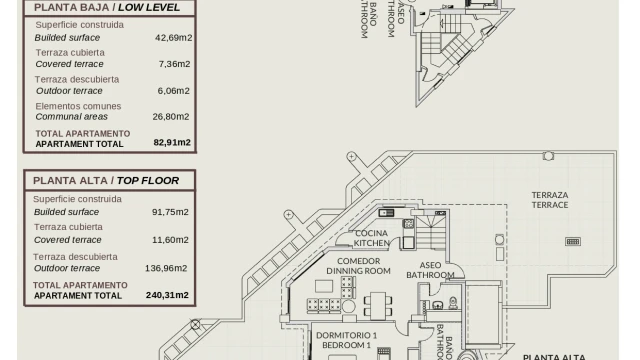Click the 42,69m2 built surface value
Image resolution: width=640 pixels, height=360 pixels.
(x=173, y=38)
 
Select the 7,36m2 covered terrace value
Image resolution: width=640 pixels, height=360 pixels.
(x=174, y=64)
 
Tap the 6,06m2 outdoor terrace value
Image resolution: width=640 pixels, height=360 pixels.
(x=173, y=91)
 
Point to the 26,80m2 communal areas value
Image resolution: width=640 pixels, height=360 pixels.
(x=171, y=117)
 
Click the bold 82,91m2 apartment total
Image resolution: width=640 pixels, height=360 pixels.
(x=172, y=142)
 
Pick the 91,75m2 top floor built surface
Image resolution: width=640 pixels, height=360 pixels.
(x=170, y=212)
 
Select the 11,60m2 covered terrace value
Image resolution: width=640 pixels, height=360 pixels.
(x=170, y=240)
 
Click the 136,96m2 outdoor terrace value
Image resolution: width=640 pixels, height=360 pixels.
(x=166, y=268)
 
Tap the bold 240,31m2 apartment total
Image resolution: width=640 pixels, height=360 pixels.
(x=167, y=295)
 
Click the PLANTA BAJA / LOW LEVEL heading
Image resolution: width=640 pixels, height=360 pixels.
(x=107, y=7)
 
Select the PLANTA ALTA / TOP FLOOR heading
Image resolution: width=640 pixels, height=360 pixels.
(x=106, y=180)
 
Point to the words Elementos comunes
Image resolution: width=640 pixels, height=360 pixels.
(x=78, y=106)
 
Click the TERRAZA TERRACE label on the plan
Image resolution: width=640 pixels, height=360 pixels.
(x=550, y=200)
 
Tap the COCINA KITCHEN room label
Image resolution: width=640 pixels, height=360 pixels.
(x=371, y=238)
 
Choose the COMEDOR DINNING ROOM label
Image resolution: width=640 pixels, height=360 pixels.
(x=358, y=266)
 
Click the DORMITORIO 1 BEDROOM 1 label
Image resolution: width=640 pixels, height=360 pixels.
(x=347, y=340)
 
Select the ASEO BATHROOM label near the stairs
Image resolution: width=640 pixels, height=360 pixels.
(x=430, y=270)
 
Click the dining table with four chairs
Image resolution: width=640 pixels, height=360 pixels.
(x=378, y=305)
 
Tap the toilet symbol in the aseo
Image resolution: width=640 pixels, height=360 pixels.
(x=453, y=302)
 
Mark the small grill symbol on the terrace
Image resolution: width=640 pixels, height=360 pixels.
(x=573, y=242)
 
